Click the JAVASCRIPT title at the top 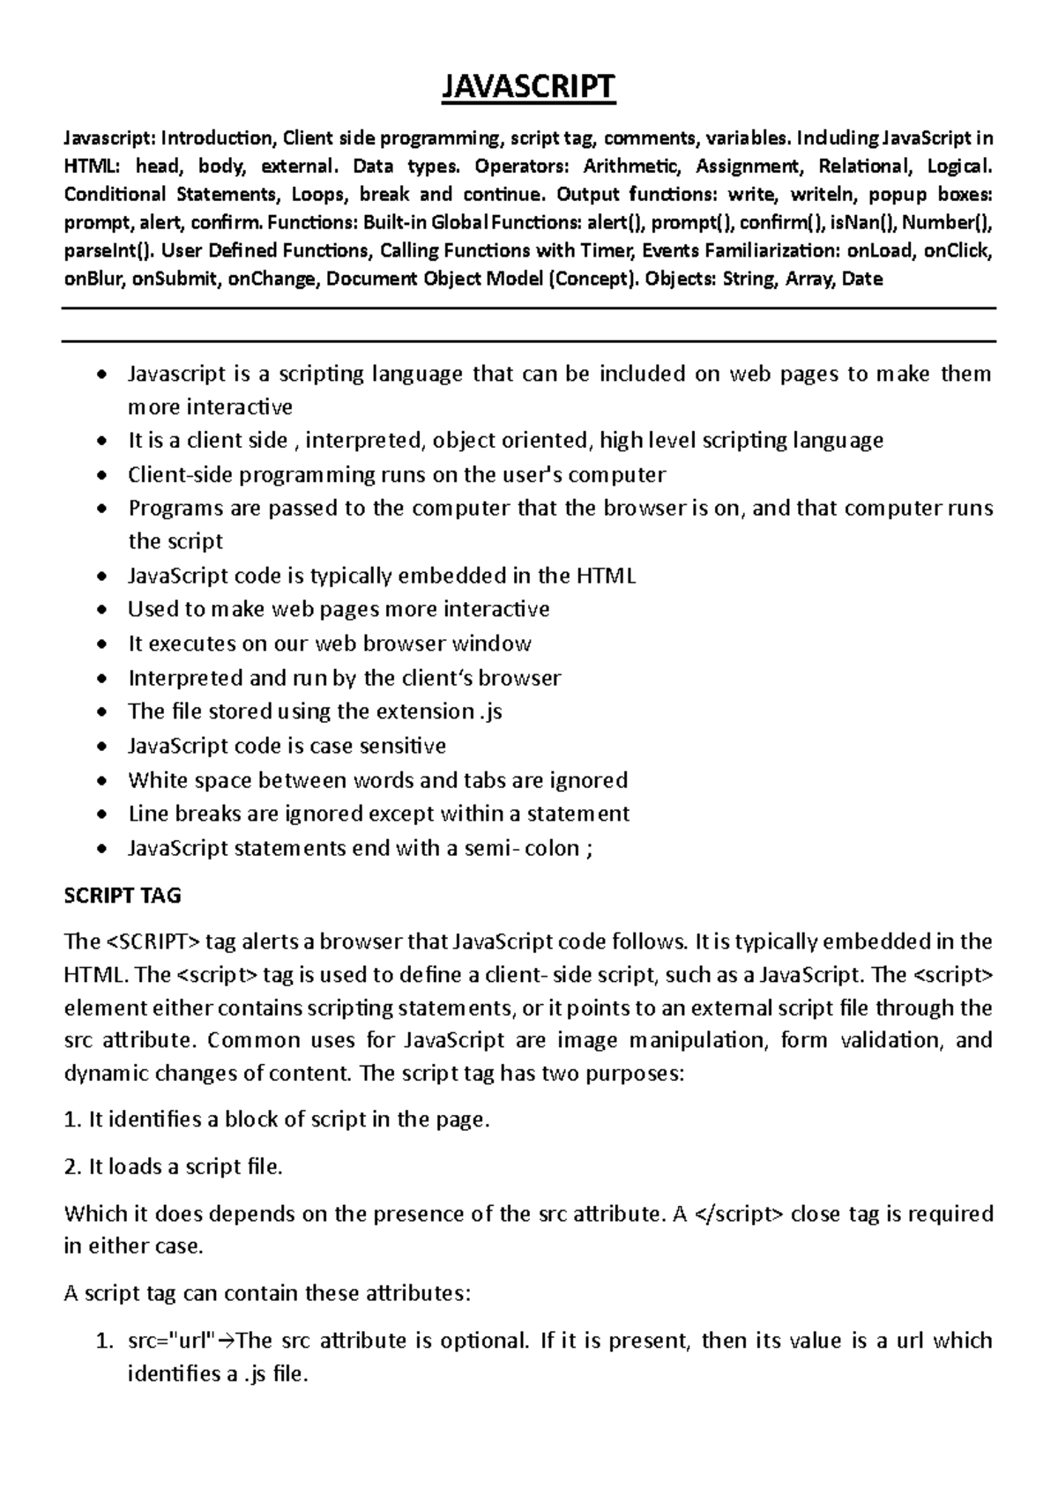[528, 87]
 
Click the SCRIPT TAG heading [123, 896]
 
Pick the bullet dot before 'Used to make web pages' [104, 610]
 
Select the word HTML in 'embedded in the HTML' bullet [606, 576]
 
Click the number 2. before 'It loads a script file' [73, 1167]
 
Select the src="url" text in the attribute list [171, 1341]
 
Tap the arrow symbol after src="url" [225, 1342]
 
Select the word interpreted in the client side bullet [363, 440]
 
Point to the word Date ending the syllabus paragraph [862, 279]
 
